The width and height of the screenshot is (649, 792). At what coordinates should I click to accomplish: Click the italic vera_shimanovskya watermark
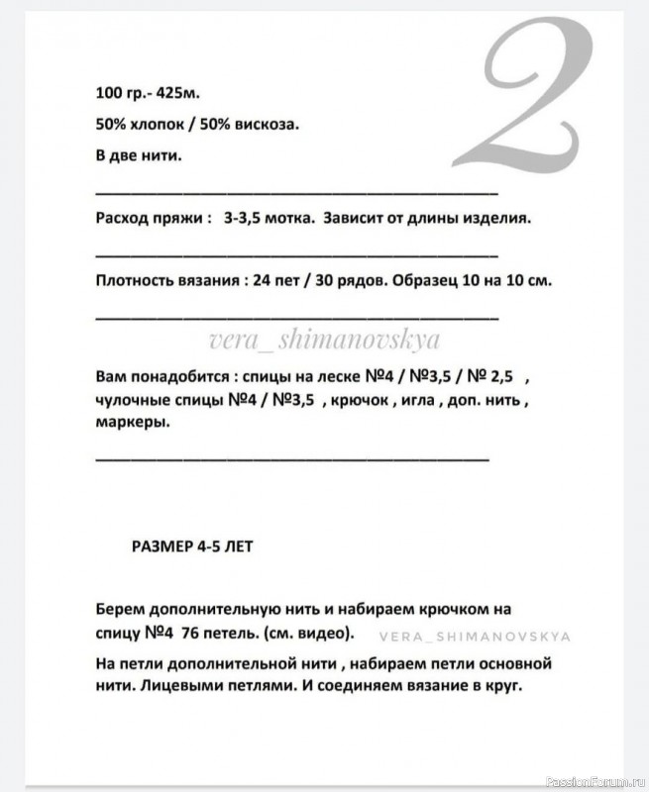pos(325,340)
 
